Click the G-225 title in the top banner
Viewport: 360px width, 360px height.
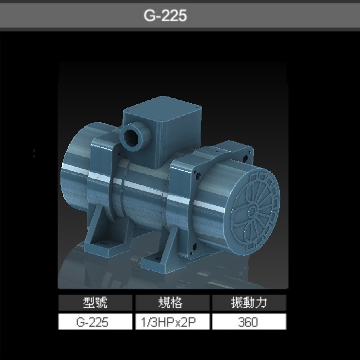tap(165, 16)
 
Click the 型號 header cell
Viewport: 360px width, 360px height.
tap(95, 303)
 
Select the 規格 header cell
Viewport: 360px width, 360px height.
tap(172, 303)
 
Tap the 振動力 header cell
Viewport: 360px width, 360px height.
tap(249, 303)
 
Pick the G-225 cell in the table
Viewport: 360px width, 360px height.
tap(95, 322)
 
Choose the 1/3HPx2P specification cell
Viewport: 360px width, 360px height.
tap(172, 322)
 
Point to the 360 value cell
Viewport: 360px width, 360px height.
tap(249, 322)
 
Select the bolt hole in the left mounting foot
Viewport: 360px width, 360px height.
tap(104, 245)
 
